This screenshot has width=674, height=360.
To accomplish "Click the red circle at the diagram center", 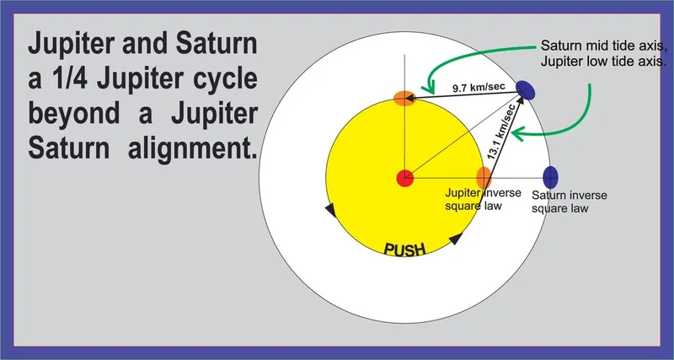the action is pyautogui.click(x=404, y=178).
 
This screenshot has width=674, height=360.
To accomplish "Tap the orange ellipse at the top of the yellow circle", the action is pyautogui.click(x=404, y=98).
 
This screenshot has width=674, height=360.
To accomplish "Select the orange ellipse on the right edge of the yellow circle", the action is pyautogui.click(x=484, y=178).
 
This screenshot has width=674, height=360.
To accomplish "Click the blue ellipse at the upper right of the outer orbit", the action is pyautogui.click(x=525, y=90).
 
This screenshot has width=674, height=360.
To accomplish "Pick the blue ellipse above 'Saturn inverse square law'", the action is pyautogui.click(x=550, y=177).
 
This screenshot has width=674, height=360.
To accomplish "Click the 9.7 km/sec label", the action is pyautogui.click(x=479, y=88).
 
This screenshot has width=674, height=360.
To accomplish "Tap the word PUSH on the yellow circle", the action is pyautogui.click(x=404, y=249).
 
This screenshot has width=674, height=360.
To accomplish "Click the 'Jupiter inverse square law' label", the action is pyautogui.click(x=483, y=199).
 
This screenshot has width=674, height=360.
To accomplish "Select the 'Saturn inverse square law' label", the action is pyautogui.click(x=570, y=201).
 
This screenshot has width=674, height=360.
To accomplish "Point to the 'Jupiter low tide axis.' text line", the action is pyautogui.click(x=603, y=62).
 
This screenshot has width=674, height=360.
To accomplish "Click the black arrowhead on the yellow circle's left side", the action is pyautogui.click(x=330, y=210).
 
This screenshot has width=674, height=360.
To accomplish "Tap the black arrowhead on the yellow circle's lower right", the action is pyautogui.click(x=456, y=239).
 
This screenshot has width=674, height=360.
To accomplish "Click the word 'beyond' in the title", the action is pyautogui.click(x=74, y=113).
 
